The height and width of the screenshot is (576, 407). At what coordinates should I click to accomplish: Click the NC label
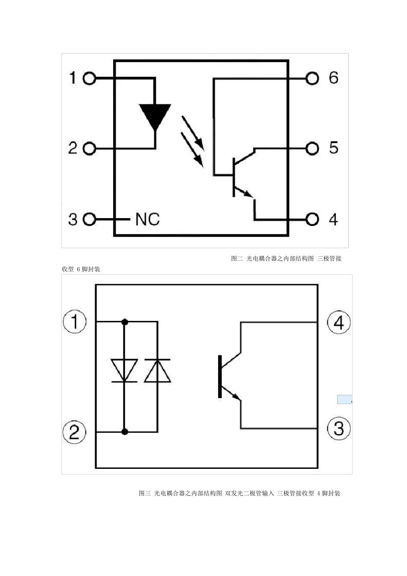pyautogui.click(x=147, y=219)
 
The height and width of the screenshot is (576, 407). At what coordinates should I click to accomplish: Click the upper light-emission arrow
pyautogui.click(x=193, y=133)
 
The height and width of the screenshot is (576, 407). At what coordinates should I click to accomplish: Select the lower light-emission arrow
pyautogui.click(x=192, y=150)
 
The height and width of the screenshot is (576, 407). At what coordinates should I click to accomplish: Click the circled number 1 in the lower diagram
pyautogui.click(x=75, y=322)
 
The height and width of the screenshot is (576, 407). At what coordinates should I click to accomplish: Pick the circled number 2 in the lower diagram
pyautogui.click(x=74, y=432)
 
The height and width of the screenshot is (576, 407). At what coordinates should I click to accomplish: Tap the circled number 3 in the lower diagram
pyautogui.click(x=338, y=429)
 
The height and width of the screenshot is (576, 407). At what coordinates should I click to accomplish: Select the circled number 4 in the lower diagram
pyautogui.click(x=338, y=322)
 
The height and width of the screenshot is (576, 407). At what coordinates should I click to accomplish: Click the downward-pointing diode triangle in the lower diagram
pyautogui.click(x=124, y=371)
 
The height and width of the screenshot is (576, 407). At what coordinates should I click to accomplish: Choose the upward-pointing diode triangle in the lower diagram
pyautogui.click(x=157, y=371)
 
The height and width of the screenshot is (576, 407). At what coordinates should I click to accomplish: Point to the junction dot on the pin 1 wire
pyautogui.click(x=125, y=322)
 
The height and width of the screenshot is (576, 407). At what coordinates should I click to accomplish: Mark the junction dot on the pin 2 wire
pyautogui.click(x=125, y=432)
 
